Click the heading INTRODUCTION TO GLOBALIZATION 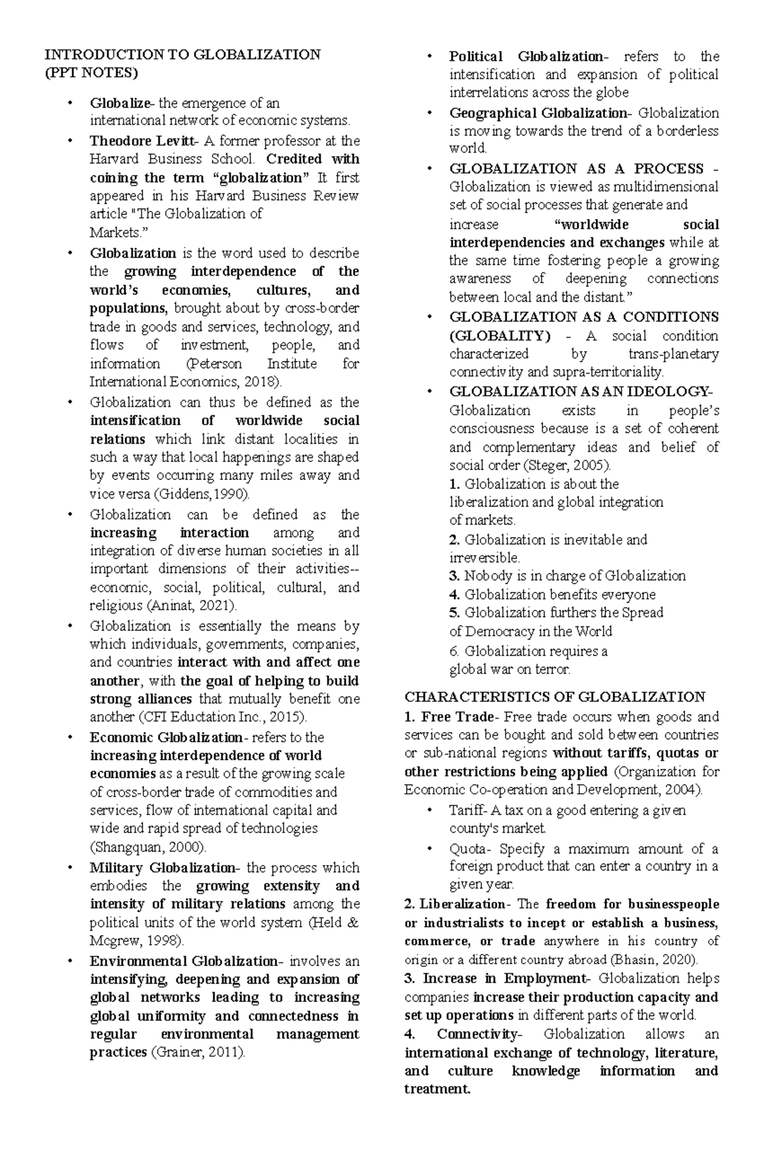point(181,55)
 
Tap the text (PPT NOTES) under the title point(90,73)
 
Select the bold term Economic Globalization point(166,738)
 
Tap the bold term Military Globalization point(162,868)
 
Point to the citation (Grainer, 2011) point(197,1052)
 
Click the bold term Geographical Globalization point(539,113)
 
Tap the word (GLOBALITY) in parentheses point(500,336)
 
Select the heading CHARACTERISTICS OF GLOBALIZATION point(555,697)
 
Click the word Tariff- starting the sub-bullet point(468,811)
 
